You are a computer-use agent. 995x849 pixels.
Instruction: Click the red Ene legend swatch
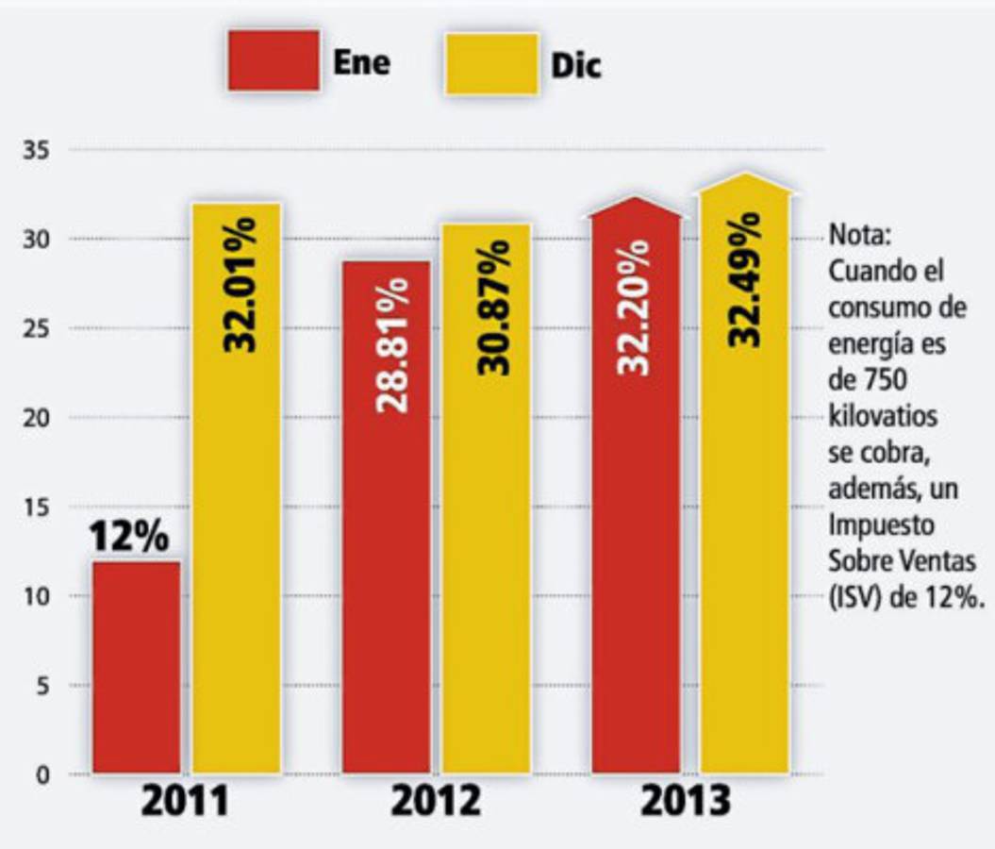[x=273, y=60]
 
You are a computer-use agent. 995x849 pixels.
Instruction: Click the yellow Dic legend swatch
[x=491, y=63]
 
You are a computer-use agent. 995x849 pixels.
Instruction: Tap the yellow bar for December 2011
[x=237, y=566]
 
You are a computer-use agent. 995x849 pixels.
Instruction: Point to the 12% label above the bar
[x=129, y=538]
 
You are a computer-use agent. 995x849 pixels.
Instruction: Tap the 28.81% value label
[x=392, y=344]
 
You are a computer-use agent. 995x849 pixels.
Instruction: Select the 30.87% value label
[x=492, y=307]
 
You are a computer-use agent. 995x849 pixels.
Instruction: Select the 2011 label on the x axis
[x=185, y=802]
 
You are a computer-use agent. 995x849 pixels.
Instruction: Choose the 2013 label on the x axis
[x=686, y=802]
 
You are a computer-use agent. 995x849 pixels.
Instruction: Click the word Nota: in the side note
[x=854, y=233]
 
